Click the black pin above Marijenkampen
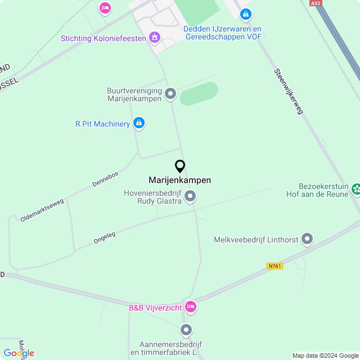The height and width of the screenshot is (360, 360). (x=180, y=166)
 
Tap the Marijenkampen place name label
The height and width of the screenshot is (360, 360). (x=180, y=180)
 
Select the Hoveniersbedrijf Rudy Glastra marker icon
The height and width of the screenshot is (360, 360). (x=190, y=196)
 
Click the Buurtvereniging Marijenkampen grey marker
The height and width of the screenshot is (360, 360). (x=170, y=94)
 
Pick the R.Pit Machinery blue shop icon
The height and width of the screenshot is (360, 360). (x=139, y=123)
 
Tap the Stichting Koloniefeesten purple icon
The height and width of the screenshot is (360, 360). (x=154, y=38)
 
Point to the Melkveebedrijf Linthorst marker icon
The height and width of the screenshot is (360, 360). (x=307, y=240)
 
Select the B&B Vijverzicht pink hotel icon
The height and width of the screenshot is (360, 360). (x=190, y=307)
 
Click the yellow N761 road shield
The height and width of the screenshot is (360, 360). (x=274, y=265)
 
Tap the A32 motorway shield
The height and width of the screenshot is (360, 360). (x=316, y=3)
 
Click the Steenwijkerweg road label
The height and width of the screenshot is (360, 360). (x=289, y=92)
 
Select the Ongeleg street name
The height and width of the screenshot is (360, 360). (x=104, y=238)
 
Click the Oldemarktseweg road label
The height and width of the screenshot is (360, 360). (x=42, y=209)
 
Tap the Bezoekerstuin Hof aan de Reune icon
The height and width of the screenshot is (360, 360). (x=355, y=190)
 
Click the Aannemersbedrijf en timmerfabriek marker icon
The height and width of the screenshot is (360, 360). (x=186, y=330)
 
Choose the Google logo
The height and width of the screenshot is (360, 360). (x=19, y=353)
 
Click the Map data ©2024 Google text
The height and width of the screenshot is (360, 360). (x=325, y=355)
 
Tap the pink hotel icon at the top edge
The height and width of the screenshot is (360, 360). (x=105, y=8)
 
